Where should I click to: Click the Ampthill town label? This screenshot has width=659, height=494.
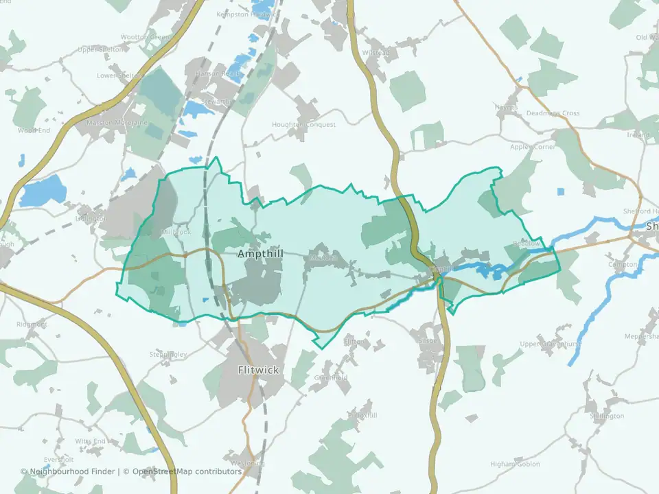[260, 254]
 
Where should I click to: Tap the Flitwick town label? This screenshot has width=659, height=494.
[258, 370]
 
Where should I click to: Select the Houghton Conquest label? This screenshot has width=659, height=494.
[303, 125]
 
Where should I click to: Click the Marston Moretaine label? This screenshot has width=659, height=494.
[122, 123]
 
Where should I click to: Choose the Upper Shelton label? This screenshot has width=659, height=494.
[101, 49]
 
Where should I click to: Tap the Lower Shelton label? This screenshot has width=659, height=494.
[120, 75]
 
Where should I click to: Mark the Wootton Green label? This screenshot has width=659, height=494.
[145, 37]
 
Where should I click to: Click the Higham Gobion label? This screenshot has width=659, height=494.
[515, 464]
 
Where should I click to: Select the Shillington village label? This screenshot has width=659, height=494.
[606, 416]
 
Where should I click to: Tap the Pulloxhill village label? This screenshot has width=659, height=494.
[363, 415]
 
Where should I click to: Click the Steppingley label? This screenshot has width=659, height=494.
[167, 354]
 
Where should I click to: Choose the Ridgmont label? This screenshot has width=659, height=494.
[32, 324]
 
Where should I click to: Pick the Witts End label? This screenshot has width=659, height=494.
[91, 441]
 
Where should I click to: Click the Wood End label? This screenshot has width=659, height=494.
[34, 130]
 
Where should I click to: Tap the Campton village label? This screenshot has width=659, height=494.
[623, 264]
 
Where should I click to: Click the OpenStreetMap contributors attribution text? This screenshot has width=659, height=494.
[187, 471]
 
